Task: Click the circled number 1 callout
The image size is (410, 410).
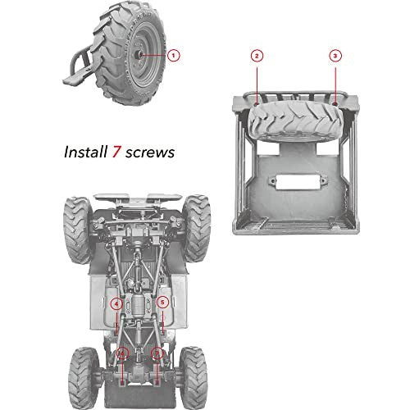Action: click(x=174, y=55)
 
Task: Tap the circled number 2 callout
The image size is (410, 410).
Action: click(x=257, y=55)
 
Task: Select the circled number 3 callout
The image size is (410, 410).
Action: click(x=335, y=55)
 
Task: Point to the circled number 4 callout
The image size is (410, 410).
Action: click(x=116, y=303)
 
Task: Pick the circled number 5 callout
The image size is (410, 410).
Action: click(x=162, y=303)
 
